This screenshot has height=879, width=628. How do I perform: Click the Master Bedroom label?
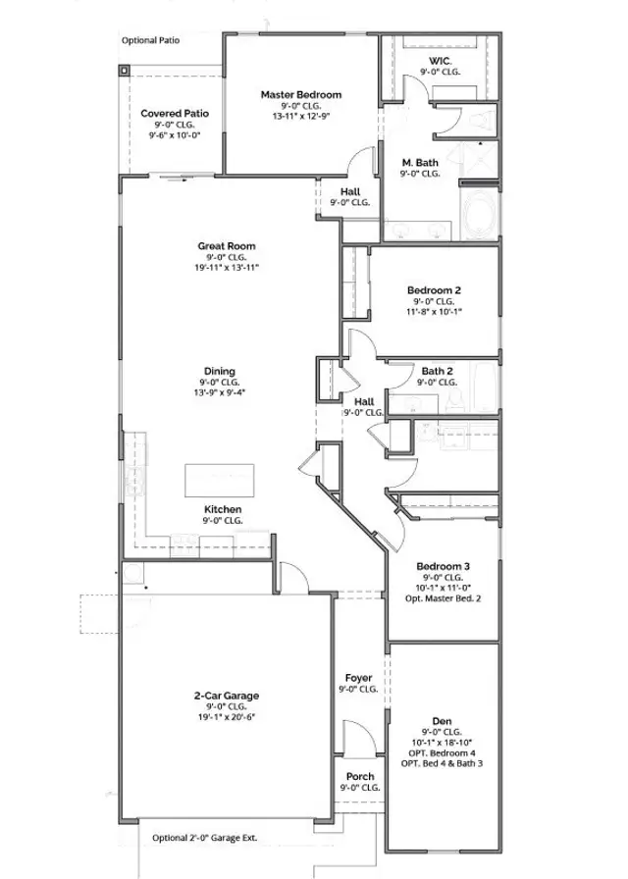[x=300, y=94]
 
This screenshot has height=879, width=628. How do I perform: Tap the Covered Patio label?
[x=174, y=113]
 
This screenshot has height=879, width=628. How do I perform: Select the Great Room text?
[x=227, y=245]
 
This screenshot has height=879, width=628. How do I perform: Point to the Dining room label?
[x=219, y=371]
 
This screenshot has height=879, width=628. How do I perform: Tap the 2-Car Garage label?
[x=226, y=696]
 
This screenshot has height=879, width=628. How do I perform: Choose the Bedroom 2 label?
[x=434, y=290]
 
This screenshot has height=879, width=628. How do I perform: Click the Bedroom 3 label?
[x=443, y=566]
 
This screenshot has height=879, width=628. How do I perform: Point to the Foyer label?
[x=359, y=678]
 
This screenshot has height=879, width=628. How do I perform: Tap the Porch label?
[x=359, y=776]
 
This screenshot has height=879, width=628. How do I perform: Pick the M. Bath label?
[x=420, y=162]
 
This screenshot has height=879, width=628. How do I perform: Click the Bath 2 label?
[x=437, y=371]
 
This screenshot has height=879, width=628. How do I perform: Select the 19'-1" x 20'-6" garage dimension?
[x=226, y=717]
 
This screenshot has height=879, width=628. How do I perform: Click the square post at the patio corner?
[x=126, y=72]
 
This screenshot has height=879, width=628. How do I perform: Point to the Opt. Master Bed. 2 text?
[x=443, y=597]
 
